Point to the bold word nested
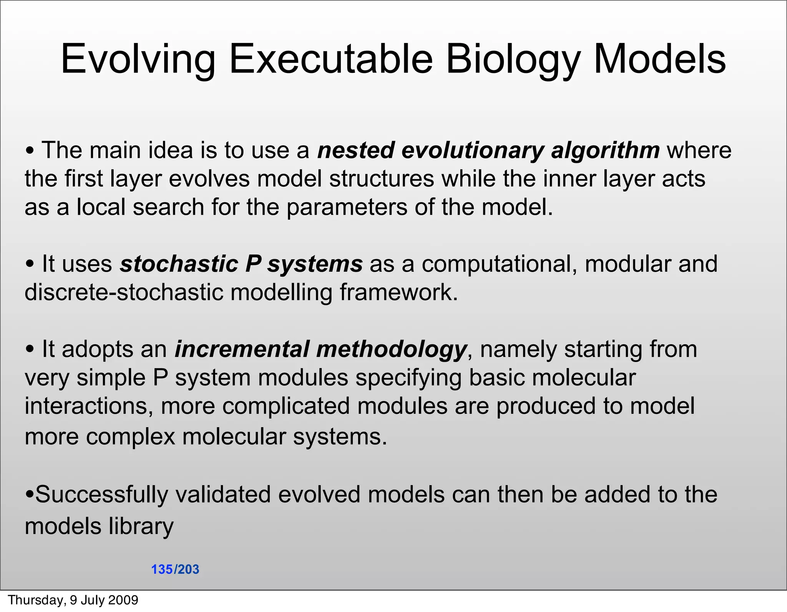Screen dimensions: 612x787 pos(356,150)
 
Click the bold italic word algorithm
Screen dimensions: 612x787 pos(605,150)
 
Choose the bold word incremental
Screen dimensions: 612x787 pos(242,349)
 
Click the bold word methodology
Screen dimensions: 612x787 pos(391,349)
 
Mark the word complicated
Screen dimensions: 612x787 pos(286,406)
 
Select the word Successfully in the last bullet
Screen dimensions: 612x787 pos(101,494)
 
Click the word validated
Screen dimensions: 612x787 pos(223,494)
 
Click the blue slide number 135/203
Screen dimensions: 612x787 pos(175,569)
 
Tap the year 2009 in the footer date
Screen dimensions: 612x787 pos(123,600)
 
